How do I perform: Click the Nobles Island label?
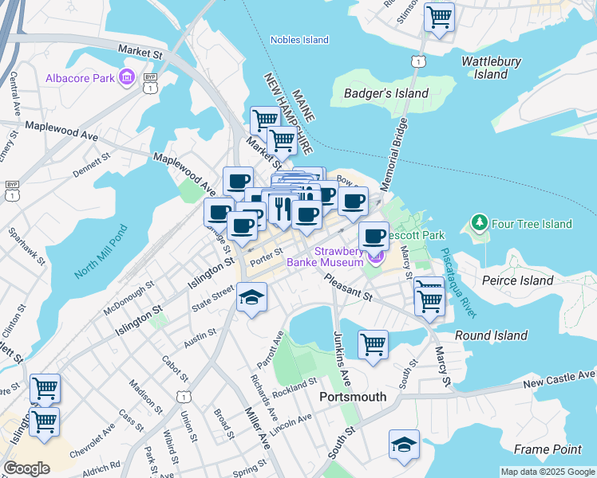pos(299,40)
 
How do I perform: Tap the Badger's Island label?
pos(385,93)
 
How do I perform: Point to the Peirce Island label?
pos(517,280)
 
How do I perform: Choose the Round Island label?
pos(491,335)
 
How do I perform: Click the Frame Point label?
pos(543,449)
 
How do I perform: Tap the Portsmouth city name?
pos(352,397)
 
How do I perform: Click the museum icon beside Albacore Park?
pos(126,77)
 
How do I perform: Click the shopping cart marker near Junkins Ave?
pos(373,345)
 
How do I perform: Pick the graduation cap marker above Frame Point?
pos(405,445)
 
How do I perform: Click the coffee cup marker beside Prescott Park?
pos(373,236)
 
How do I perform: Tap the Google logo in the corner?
pos(26,468)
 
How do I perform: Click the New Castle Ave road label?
pos(559,378)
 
